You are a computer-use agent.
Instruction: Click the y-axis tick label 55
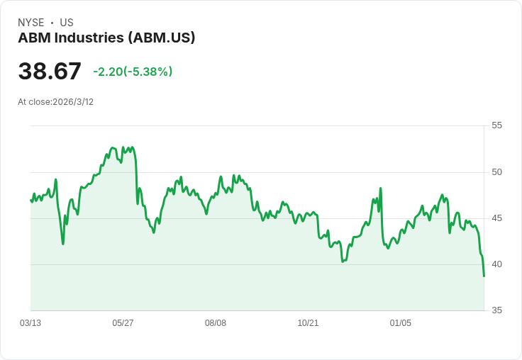496,125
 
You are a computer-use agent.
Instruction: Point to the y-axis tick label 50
496,172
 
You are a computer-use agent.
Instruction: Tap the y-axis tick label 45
496,218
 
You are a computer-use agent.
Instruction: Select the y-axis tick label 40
496,264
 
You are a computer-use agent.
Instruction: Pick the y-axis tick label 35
496,310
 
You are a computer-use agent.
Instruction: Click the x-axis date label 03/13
30,323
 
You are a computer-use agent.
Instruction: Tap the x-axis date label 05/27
123,323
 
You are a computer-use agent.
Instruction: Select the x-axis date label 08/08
216,323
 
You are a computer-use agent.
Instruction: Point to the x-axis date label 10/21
308,323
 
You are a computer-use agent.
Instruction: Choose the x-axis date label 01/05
401,323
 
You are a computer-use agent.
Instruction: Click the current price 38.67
50,72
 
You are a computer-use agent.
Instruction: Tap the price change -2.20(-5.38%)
133,72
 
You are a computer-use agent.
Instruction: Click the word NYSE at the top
31,23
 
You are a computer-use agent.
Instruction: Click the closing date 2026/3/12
73,102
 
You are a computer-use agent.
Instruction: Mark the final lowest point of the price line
484,276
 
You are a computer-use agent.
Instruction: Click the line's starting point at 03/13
30,200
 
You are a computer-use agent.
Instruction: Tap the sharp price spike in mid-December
381,189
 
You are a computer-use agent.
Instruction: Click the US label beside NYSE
67,23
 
